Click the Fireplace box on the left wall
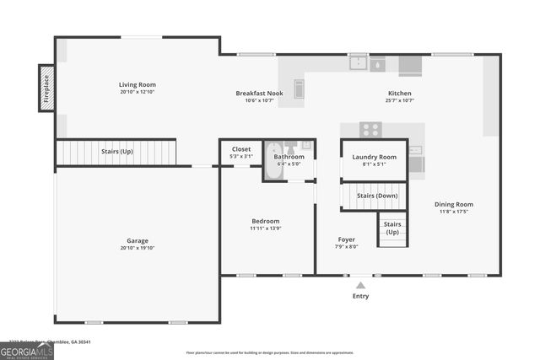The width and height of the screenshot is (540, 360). (47, 87)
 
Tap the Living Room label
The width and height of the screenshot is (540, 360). (137, 84)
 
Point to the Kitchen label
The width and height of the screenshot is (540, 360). (399, 93)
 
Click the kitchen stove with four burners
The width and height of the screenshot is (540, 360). (370, 129)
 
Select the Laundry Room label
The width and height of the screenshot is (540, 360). (374, 157)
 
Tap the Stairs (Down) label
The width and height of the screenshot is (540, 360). (376, 196)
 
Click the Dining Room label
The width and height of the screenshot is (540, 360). (453, 204)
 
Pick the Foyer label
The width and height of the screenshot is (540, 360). (347, 239)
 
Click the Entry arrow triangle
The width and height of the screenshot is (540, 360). (360, 286)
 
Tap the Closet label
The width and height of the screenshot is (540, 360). (241, 149)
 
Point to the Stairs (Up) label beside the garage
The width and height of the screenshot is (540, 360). (117, 152)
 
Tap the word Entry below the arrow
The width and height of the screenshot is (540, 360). (360, 296)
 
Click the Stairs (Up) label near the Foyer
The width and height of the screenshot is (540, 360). (392, 228)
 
